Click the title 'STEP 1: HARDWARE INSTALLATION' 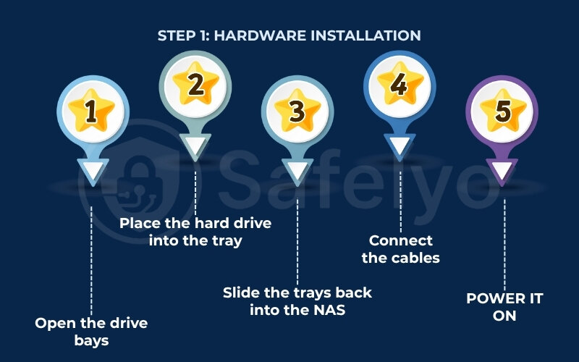[x=289, y=35]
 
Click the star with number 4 [x=399, y=85]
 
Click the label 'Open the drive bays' [x=91, y=331]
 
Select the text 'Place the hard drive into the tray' [x=195, y=232]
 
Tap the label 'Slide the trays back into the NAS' [x=297, y=301]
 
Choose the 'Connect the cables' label [x=400, y=249]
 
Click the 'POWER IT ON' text [x=504, y=307]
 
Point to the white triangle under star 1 [x=91, y=172]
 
